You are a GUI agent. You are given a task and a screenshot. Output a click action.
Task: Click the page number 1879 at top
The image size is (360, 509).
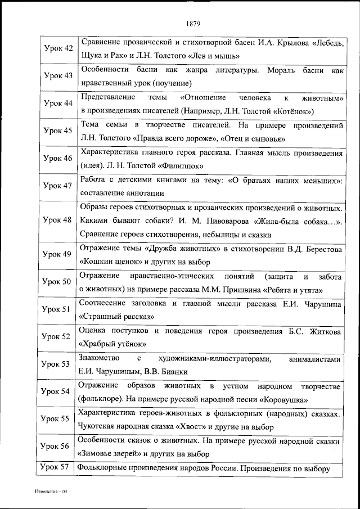[192, 24]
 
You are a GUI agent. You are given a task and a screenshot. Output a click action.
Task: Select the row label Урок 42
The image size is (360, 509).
[58, 48]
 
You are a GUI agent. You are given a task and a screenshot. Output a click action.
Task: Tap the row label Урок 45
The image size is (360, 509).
[58, 130]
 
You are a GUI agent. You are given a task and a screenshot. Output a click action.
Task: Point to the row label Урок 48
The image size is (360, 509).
[58, 221]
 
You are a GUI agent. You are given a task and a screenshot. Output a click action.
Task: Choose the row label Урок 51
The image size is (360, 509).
[58, 309]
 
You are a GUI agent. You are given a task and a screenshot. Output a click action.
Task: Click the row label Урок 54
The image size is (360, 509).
[58, 391]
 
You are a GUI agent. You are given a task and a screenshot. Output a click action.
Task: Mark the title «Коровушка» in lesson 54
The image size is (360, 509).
[283, 399]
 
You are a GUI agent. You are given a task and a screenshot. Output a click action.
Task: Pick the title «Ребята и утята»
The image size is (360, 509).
[292, 290]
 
